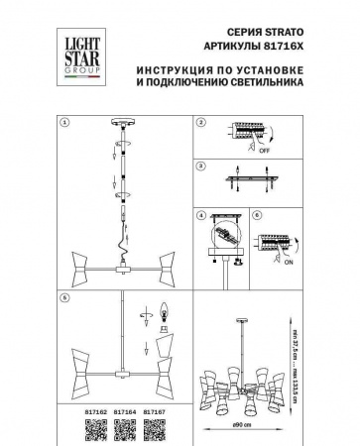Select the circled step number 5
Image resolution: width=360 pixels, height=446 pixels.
point(64,298)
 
